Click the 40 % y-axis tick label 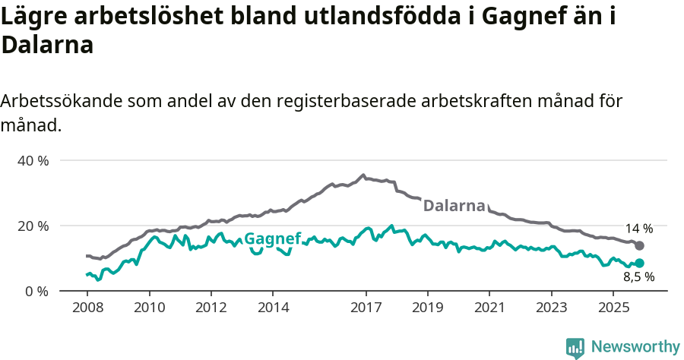[33, 161]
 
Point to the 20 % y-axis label [33, 226]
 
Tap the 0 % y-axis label [36, 292]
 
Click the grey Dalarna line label [454, 206]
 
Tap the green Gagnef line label [272, 237]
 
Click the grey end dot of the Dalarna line [640, 245]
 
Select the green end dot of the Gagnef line [640, 264]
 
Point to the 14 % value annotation [639, 229]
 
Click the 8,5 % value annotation [639, 278]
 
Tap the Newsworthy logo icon [575, 348]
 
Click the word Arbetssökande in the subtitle [60, 102]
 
